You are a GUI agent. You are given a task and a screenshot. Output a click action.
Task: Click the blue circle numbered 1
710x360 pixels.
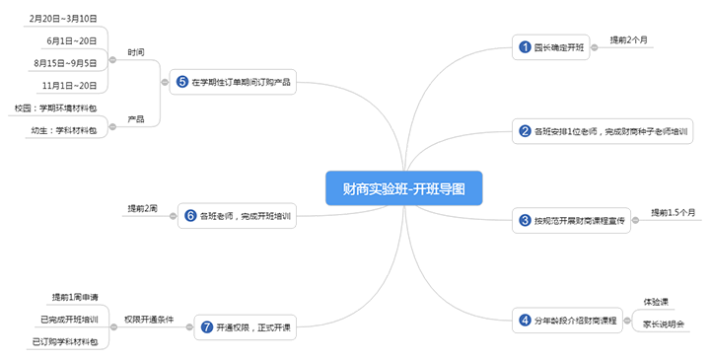tap(526, 47)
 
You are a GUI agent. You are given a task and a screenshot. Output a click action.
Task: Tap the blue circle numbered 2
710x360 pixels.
tap(526, 131)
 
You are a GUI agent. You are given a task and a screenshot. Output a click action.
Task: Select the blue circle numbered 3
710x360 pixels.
tap(526, 221)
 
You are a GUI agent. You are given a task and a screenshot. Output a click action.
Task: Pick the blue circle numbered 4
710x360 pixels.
tap(526, 319)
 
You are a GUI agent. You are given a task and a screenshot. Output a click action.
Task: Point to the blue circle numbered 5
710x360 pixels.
tap(182, 83)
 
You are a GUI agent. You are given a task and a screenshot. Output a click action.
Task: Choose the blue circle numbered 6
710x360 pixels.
tap(190, 216)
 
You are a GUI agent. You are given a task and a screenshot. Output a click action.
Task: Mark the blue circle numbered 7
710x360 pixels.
tap(207, 326)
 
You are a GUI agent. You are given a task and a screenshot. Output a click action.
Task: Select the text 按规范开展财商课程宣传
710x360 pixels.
tap(581, 222)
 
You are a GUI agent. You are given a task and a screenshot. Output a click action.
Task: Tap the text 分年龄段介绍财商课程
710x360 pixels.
tap(576, 320)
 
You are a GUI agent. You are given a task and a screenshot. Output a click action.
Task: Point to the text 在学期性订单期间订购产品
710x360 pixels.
tap(242, 83)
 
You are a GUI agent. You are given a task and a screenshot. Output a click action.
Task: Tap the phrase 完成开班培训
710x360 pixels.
tap(266, 217)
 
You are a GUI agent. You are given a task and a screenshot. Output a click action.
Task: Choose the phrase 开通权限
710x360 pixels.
tap(232, 327)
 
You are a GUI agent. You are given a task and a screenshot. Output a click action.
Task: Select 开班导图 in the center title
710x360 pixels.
tap(440, 187)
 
